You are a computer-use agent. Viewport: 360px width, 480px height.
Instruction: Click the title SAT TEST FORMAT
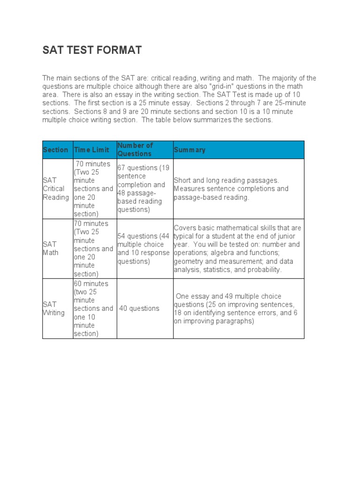click(92, 50)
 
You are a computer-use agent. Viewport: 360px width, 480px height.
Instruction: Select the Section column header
click(55, 150)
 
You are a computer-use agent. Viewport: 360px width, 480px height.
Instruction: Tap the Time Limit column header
click(91, 150)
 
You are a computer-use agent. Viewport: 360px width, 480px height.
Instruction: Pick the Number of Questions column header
click(135, 150)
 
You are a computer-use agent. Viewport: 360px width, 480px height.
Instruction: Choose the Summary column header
click(189, 150)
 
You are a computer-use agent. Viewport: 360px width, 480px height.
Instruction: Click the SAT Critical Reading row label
click(56, 189)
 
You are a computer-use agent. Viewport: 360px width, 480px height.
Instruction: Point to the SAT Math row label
click(50, 248)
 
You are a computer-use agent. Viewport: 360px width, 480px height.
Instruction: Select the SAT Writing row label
click(53, 308)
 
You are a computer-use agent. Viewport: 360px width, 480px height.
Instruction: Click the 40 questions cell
click(139, 308)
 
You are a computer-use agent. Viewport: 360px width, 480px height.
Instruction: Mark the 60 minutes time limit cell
click(93, 308)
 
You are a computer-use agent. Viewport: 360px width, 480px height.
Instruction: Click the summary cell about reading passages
click(231, 189)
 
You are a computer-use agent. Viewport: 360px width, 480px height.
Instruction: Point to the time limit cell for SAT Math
click(93, 248)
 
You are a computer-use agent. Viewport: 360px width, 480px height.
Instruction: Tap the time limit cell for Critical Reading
click(93, 189)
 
